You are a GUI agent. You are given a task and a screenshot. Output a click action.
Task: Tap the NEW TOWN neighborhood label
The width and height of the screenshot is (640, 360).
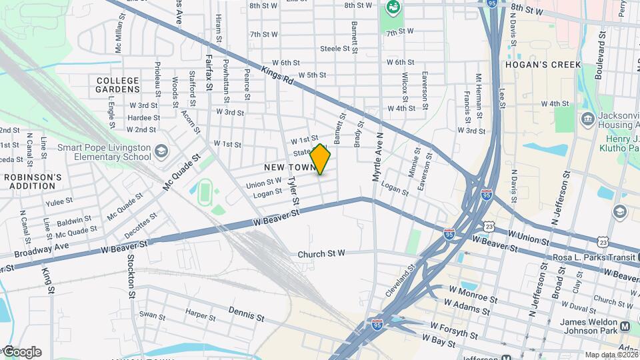coord(287,167)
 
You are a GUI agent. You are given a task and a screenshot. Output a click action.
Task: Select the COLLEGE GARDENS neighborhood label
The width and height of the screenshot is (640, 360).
coord(118,85)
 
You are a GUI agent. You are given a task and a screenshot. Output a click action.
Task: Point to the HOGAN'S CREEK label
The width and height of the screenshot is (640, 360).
coord(543,65)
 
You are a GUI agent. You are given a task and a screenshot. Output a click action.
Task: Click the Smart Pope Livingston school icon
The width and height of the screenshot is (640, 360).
coord(161,152)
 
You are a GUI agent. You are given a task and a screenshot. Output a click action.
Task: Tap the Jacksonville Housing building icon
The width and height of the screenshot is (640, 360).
coord(588,119)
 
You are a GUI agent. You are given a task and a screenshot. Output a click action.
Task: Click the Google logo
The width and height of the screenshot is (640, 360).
coord(21,352)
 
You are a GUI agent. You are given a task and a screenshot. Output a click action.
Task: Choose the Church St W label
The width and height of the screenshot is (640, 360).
coord(321,253)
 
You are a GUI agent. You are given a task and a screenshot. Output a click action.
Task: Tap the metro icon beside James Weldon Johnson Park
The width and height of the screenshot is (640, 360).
coord(625,327)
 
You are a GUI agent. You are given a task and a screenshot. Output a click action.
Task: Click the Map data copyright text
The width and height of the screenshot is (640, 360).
coord(611,354)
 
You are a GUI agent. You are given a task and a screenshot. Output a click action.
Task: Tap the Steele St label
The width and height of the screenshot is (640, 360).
coord(335,49)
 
